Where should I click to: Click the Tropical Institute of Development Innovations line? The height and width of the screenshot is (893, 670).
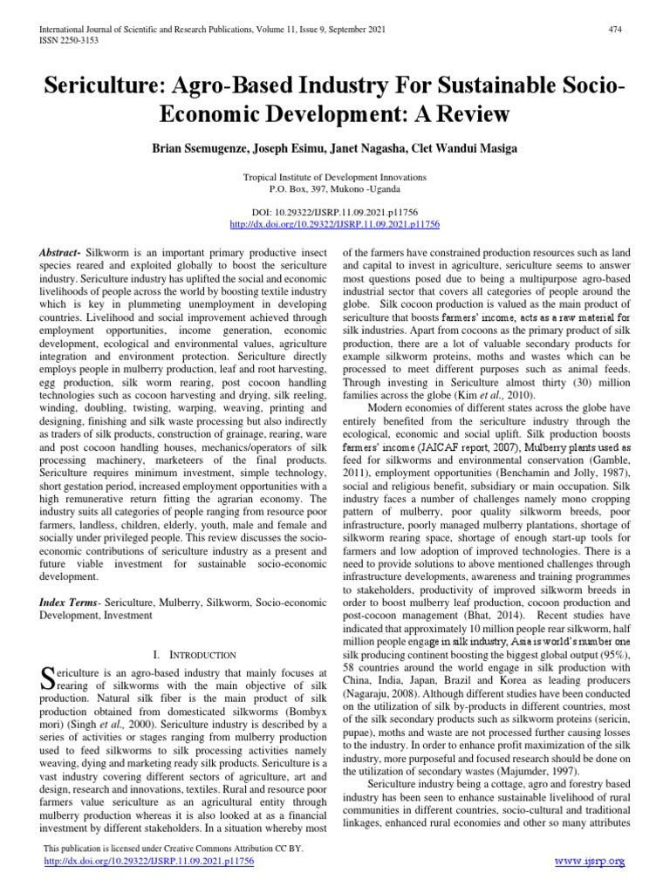pyautogui.click(x=334, y=176)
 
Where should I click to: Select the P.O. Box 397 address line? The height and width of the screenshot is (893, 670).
pyautogui.click(x=334, y=187)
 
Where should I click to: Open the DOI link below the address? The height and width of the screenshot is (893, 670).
pyautogui.click(x=334, y=224)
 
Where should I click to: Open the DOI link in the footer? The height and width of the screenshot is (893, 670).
pyautogui.click(x=148, y=861)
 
